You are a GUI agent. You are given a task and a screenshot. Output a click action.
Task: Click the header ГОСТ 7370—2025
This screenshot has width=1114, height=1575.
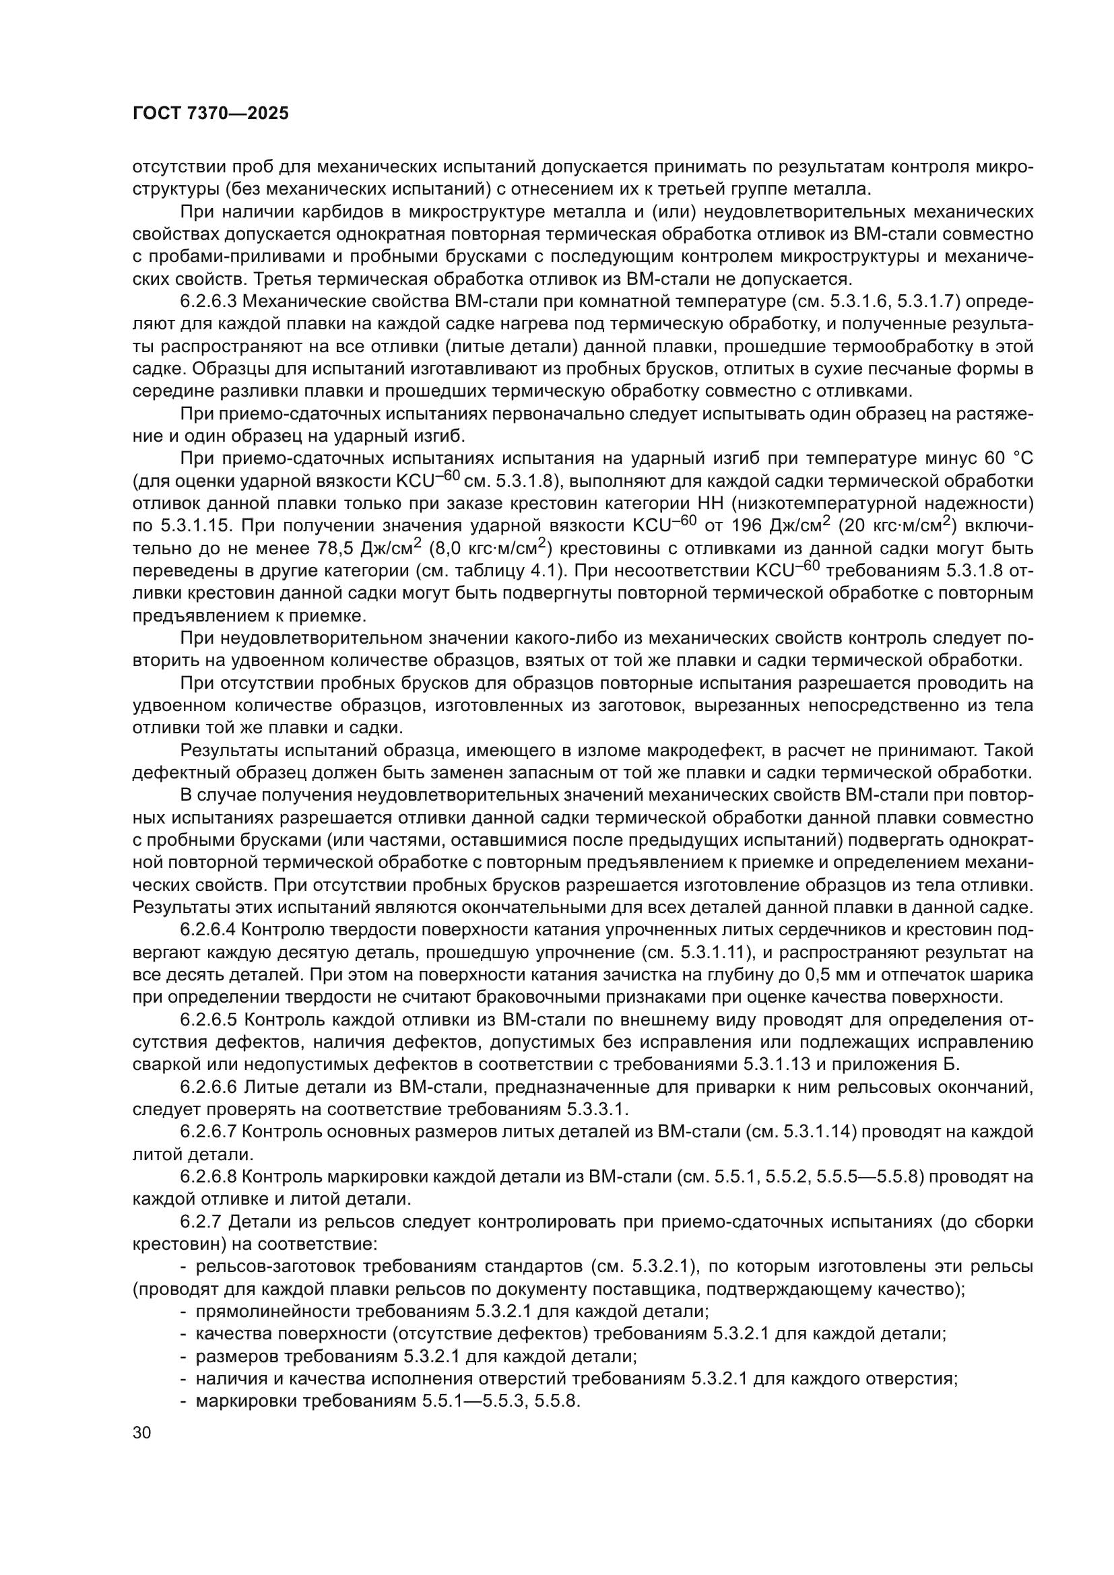pos(211,114)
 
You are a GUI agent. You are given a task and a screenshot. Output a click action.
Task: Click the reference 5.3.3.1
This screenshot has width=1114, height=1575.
pos(597,1109)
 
